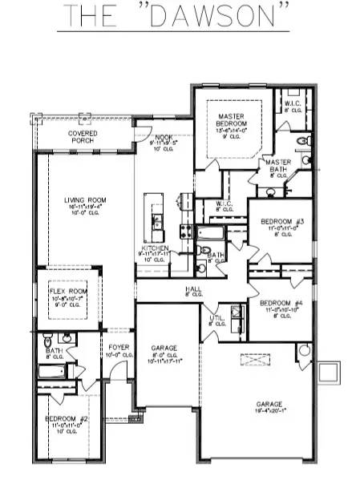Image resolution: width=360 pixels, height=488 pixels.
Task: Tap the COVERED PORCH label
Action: pos(83,136)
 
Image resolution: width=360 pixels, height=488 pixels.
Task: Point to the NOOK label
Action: pos(164,138)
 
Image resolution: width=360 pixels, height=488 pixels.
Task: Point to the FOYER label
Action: pos(119,347)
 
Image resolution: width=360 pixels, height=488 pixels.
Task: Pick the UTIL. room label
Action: pos(217,318)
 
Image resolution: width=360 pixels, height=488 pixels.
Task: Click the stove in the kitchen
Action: pos(185,232)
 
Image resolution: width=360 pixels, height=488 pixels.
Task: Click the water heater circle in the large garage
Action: pos(303,351)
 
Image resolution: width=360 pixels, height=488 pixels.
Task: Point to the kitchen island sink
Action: pos(156,220)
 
